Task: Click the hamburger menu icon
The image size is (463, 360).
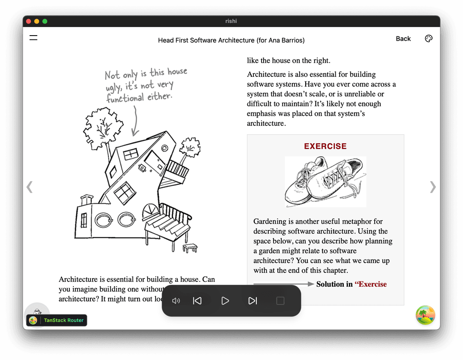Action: click(33, 38)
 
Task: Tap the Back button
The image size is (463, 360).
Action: click(403, 39)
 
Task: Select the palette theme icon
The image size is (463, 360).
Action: click(429, 39)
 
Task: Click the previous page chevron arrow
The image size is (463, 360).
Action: click(30, 187)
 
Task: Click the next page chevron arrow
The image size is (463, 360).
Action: click(433, 187)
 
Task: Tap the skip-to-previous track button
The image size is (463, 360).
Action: click(197, 301)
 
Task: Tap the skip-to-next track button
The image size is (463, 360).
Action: click(253, 301)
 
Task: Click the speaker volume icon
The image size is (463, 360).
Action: click(176, 301)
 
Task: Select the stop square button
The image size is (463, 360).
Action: click(280, 301)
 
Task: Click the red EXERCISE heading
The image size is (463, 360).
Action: click(325, 146)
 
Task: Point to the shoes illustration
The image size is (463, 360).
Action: click(325, 182)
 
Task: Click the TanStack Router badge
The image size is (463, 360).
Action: click(57, 320)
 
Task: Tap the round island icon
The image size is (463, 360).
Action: click(425, 315)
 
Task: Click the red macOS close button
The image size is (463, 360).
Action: click(29, 21)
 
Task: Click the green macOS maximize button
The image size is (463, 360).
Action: click(45, 21)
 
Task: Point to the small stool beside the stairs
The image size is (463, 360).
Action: click(190, 248)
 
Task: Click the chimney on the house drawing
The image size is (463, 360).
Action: click(87, 200)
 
